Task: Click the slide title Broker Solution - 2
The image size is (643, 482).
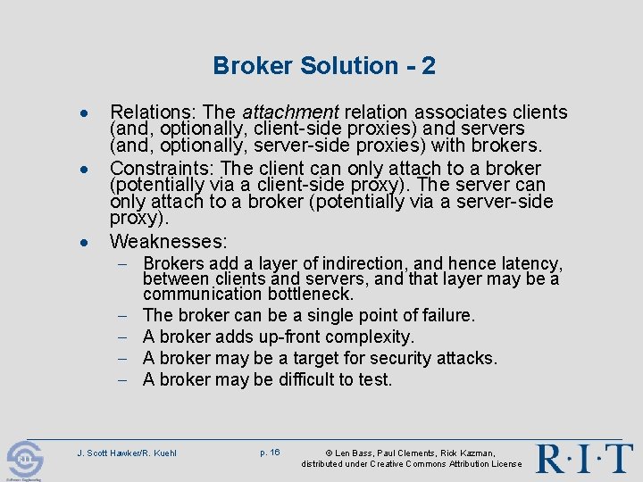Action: [x=324, y=66]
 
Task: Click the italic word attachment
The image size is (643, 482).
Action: [x=288, y=112]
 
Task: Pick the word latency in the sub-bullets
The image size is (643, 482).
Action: [x=530, y=264]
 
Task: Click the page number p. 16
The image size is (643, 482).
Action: [x=270, y=453]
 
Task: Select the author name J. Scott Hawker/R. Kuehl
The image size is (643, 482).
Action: [x=127, y=453]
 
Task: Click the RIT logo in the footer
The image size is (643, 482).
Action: [x=584, y=458]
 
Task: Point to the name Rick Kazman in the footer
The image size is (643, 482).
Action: [x=471, y=453]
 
